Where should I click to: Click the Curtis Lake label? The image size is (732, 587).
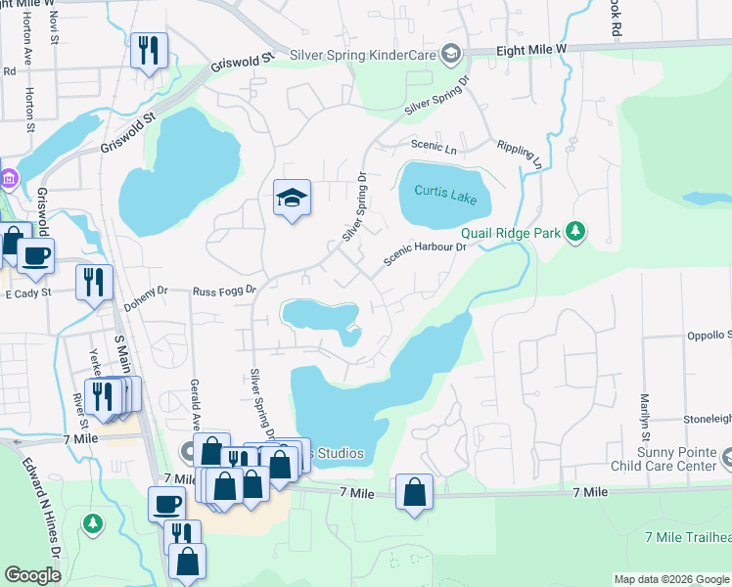pos(445,194)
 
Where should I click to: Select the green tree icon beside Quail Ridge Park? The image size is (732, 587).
pos(577,231)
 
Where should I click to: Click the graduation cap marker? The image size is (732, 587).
pos(292,199)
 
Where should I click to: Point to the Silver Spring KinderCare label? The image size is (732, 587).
pos(362,54)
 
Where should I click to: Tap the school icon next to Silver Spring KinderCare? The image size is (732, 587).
pos(450,53)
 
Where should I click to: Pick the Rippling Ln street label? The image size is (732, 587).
pos(519,151)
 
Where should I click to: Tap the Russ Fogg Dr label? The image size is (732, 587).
pos(223,291)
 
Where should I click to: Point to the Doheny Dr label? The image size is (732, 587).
pos(149,292)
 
